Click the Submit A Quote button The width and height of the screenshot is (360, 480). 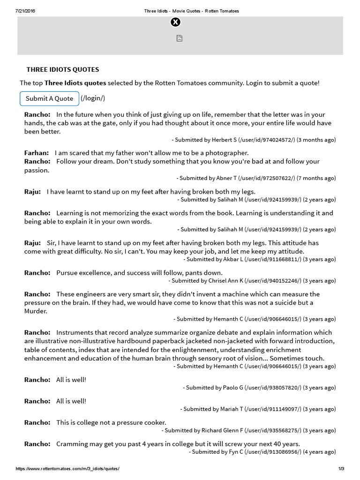(49, 98)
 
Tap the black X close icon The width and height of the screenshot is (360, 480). (175, 22)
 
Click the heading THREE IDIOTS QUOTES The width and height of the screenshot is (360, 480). (63, 69)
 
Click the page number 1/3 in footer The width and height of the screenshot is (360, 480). (341, 469)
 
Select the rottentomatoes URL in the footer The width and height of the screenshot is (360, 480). (67, 469)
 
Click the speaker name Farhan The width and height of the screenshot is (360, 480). (36, 153)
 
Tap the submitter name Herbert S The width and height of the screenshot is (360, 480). (224, 140)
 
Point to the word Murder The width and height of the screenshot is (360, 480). (36, 311)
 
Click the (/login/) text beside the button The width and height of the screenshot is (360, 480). (93, 98)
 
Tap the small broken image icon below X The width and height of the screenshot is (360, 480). (179, 38)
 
